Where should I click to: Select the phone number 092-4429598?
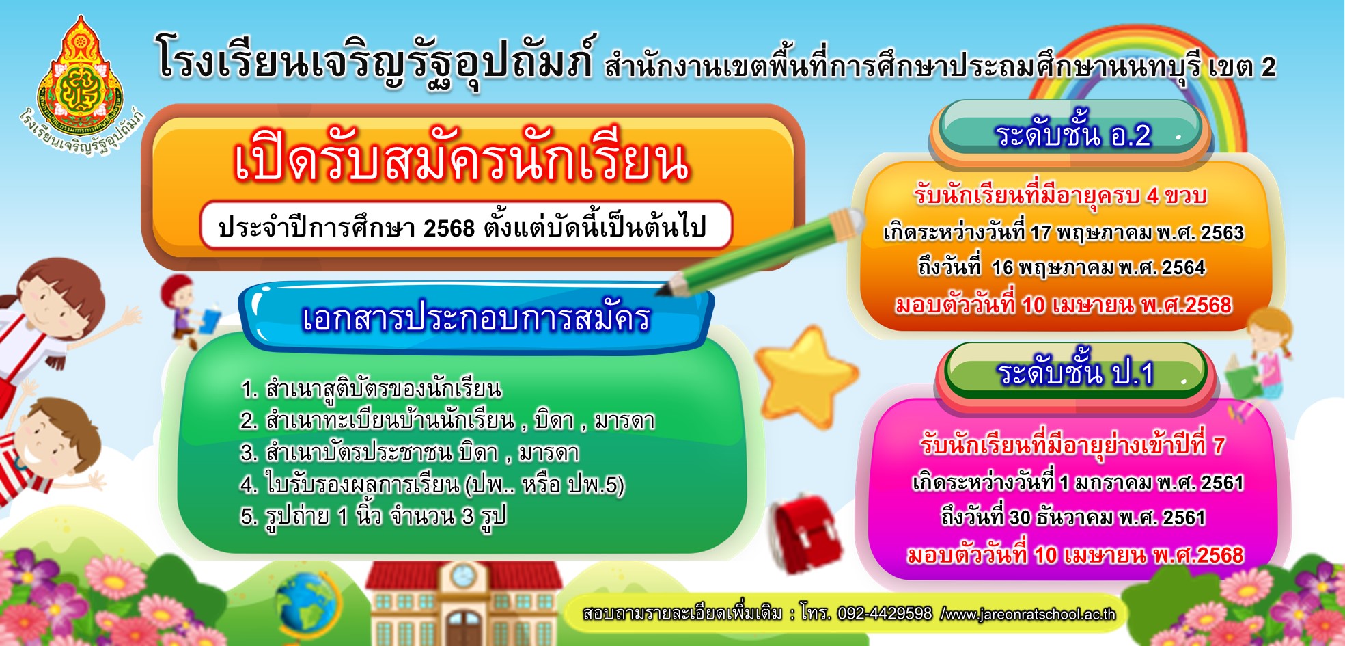pos(885,613)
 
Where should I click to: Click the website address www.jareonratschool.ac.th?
pos(1029,614)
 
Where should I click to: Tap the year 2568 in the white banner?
pos(449,228)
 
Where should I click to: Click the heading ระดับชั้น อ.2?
pos(1073,135)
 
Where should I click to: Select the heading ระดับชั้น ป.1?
pos(1075,373)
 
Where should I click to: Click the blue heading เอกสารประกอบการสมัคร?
pos(476,319)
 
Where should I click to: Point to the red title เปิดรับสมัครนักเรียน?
pos(462,161)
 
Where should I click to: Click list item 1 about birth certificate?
pos(371,389)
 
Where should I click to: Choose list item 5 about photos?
pos(373,516)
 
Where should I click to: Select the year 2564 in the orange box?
pos(1183,267)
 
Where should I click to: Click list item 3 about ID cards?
pos(409,453)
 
